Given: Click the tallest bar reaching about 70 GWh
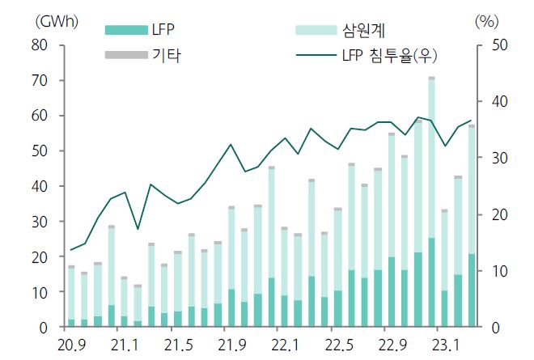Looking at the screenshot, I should point(431,202).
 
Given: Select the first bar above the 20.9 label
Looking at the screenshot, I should point(71,296).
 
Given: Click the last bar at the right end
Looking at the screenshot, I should point(471,227).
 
